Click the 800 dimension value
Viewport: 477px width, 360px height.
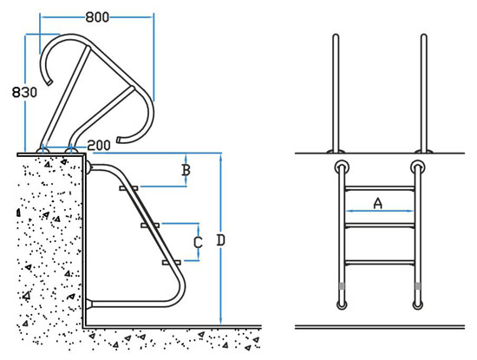[97, 17]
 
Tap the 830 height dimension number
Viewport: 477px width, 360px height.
[24, 92]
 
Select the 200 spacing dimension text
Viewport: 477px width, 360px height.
[99, 146]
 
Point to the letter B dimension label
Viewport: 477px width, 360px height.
[186, 170]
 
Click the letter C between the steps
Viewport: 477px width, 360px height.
[198, 243]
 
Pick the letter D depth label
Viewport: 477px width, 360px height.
[220, 240]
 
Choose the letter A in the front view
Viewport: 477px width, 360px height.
[377, 203]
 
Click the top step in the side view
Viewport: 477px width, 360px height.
[128, 188]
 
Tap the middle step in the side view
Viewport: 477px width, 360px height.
[150, 226]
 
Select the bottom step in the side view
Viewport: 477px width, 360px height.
[172, 262]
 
